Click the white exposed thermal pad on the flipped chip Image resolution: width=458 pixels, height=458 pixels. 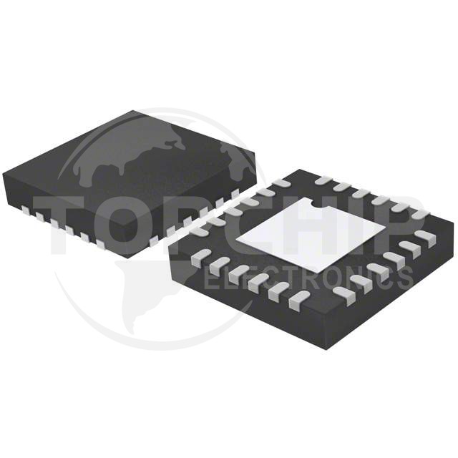[310, 236]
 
